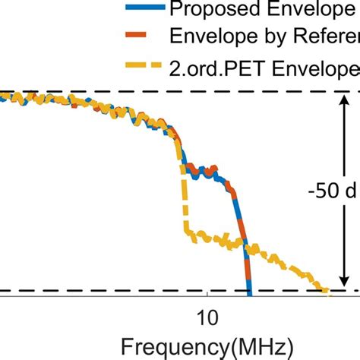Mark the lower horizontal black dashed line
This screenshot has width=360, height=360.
(x=114, y=291)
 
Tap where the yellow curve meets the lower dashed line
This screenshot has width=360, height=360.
(x=325, y=290)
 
